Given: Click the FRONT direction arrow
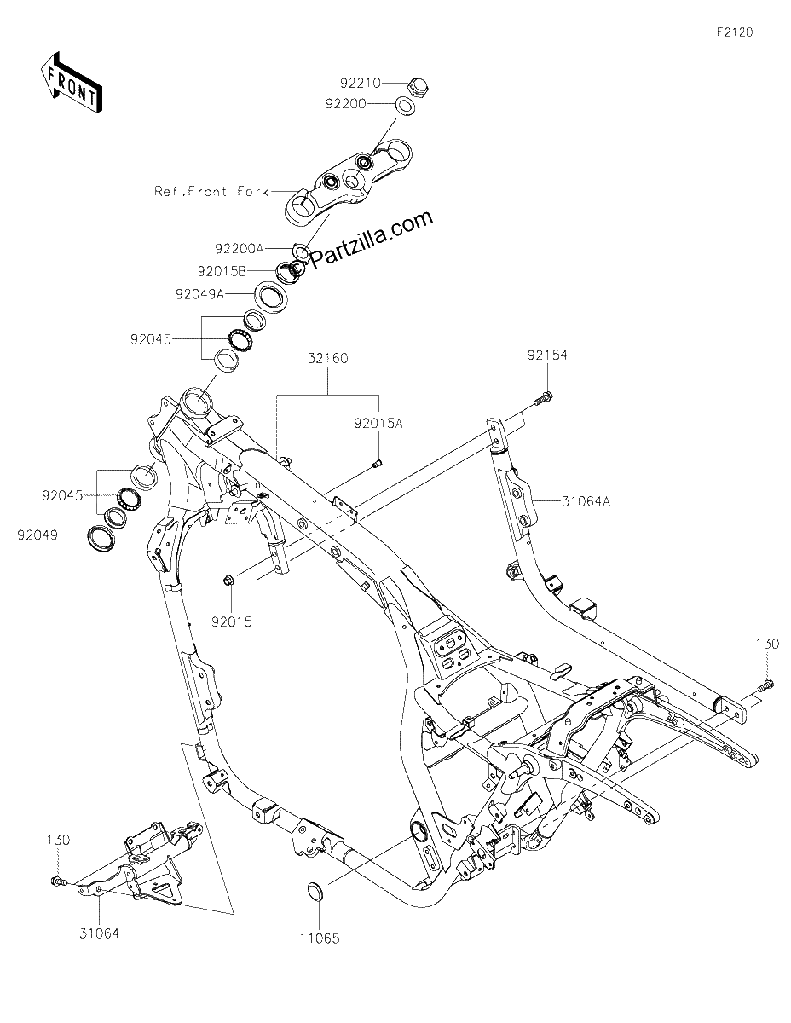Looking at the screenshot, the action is point(71,83).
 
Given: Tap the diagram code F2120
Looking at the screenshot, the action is point(735,32).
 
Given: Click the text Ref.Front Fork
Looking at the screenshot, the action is point(211,191).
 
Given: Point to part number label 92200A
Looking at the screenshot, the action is point(239,248).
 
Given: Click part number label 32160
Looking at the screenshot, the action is point(328,358).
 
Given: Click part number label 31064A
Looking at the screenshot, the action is point(586,501).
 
